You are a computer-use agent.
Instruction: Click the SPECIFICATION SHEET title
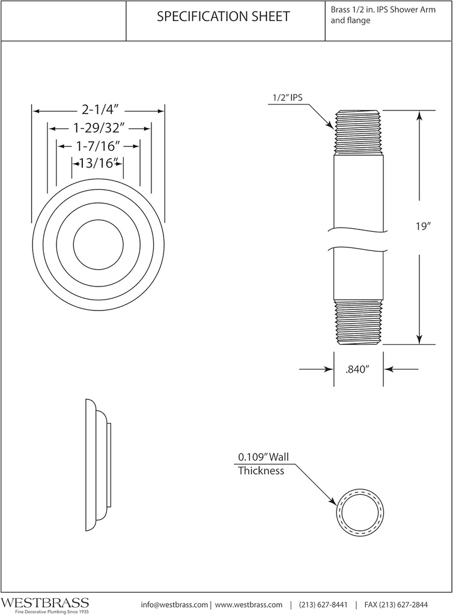click(223, 17)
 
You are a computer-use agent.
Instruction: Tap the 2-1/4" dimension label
click(99, 110)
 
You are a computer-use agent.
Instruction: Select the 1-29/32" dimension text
click(99, 128)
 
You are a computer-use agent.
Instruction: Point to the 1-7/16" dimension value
click(99, 145)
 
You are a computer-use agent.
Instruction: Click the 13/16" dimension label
click(98, 162)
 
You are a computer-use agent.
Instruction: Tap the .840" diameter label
click(358, 370)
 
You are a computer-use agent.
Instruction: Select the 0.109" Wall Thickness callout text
click(263, 464)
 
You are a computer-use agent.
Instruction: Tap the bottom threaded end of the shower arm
click(358, 322)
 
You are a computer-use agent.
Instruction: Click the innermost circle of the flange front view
click(98, 245)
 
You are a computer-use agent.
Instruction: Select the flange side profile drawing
click(98, 462)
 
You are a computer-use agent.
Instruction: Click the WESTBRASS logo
click(45, 603)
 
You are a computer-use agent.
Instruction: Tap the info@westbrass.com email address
click(174, 604)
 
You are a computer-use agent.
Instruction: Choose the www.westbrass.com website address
click(248, 604)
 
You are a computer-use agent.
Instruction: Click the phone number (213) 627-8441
click(323, 604)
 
